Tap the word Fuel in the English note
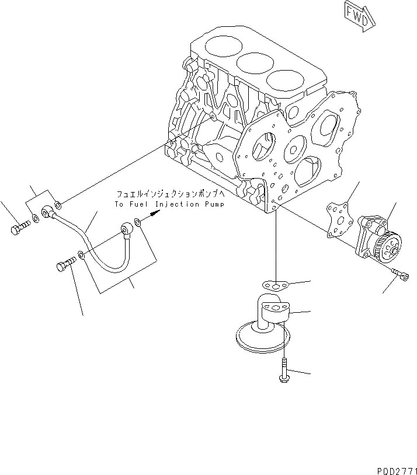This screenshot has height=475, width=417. coord(138,204)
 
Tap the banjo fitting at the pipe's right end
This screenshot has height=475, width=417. coord(127,229)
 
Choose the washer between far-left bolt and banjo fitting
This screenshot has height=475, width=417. coord(36,219)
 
